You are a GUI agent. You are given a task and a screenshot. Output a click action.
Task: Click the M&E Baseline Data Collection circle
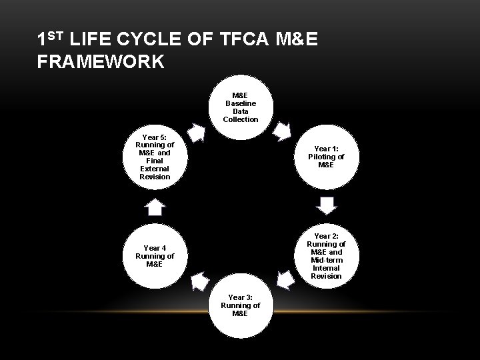pyautogui.click(x=241, y=107)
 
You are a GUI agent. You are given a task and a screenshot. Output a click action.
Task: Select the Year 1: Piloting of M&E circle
pyautogui.click(x=326, y=157)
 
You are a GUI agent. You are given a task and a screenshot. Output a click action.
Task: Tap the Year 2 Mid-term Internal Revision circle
pyautogui.click(x=326, y=256)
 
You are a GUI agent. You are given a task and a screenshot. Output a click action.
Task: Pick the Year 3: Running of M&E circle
pyautogui.click(x=241, y=305)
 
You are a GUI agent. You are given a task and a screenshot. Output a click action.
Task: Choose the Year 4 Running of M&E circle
pyautogui.click(x=155, y=256)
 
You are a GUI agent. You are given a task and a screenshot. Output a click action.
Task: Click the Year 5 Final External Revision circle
pyautogui.click(x=155, y=157)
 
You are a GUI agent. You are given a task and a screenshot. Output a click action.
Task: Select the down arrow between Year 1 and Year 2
pyautogui.click(x=327, y=206)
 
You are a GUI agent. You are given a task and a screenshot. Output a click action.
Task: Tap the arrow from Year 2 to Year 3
pyautogui.click(x=286, y=280)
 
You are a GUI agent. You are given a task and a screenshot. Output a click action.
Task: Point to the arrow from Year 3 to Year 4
pyautogui.click(x=199, y=282)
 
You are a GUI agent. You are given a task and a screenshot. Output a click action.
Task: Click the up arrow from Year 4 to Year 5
pyautogui.click(x=155, y=207)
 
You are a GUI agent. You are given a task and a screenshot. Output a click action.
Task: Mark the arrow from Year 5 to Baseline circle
pyautogui.click(x=197, y=132)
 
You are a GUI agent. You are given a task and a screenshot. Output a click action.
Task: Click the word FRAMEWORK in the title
pyautogui.click(x=101, y=63)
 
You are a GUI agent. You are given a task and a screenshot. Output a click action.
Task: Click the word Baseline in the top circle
pyautogui.click(x=241, y=103)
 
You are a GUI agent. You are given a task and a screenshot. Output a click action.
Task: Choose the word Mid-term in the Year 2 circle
pyautogui.click(x=326, y=260)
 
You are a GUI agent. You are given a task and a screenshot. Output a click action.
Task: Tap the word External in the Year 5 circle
pyautogui.click(x=155, y=169)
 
